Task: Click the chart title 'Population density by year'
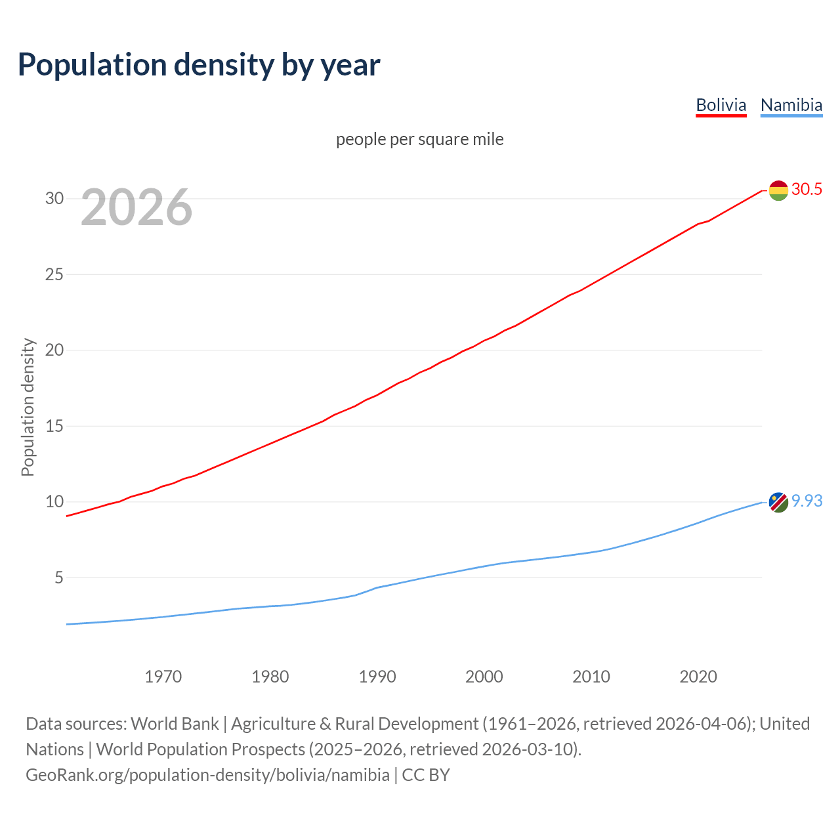[199, 65]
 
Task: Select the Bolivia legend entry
[721, 105]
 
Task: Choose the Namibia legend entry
[791, 105]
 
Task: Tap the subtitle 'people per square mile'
[419, 139]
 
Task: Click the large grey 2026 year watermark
[136, 207]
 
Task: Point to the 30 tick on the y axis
[54, 198]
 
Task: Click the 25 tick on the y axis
[54, 274]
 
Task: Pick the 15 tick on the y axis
[54, 426]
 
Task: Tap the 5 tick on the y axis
[58, 577]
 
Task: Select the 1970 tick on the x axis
[163, 677]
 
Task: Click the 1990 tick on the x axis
[377, 677]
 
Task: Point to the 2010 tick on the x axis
[591, 677]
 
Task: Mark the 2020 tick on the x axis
[698, 677]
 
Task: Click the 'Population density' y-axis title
[28, 407]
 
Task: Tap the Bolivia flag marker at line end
[778, 190]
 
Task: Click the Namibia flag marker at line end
[778, 502]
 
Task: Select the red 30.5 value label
[807, 190]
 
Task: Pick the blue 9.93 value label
[807, 501]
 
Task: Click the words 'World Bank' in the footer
[175, 724]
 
